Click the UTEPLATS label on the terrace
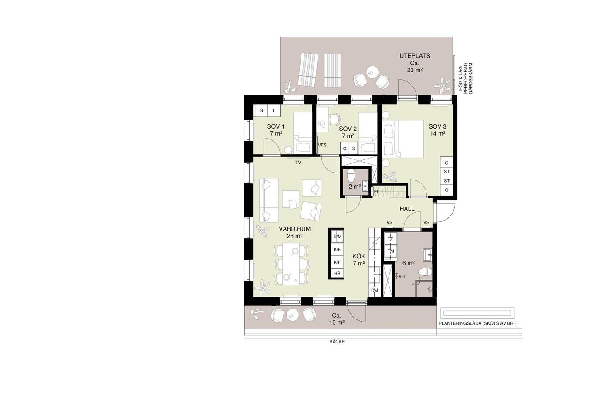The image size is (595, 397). coord(415,56)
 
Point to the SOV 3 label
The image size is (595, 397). coord(437,126)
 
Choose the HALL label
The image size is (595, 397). coord(407,209)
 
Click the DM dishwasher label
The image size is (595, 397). coord(375,290)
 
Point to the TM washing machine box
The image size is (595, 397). coord(391,251)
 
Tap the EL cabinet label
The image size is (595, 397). coord(376,192)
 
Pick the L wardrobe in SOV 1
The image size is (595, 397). coord(274,110)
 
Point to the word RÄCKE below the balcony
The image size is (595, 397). coord(337,342)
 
